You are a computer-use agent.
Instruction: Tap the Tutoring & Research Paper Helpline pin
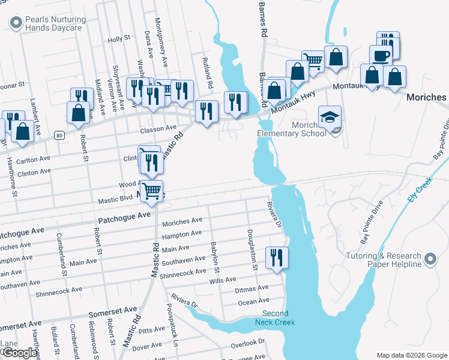pyautogui.click(x=430, y=259)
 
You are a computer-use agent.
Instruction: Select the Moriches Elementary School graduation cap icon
pyautogui.click(x=330, y=117)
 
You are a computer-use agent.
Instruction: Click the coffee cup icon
pyautogui.click(x=381, y=56)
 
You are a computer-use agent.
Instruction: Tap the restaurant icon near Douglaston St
pyautogui.click(x=277, y=257)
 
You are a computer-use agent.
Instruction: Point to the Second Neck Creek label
pyautogui.click(x=276, y=318)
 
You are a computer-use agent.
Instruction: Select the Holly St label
pyautogui.click(x=119, y=38)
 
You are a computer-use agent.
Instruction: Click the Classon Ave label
pyautogui.click(x=158, y=128)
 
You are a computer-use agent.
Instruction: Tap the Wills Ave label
pyautogui.click(x=223, y=280)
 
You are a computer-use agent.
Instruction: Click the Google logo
pyautogui.click(x=20, y=353)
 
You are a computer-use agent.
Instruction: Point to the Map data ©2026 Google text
pyautogui.click(x=411, y=355)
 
